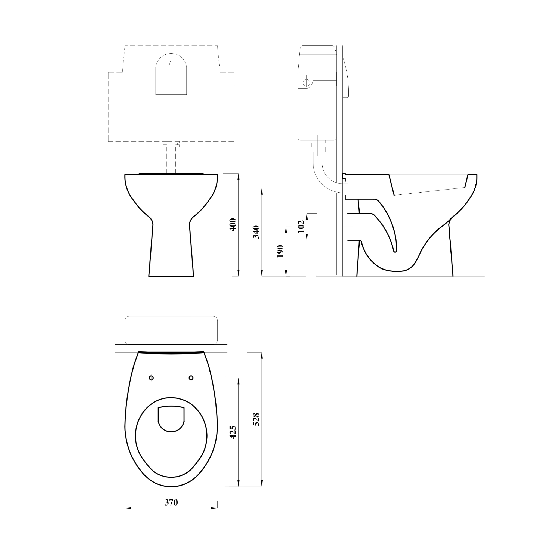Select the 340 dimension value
pyautogui.click(x=256, y=232)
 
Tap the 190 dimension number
pyautogui.click(x=280, y=251)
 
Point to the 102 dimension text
pyautogui.click(x=301, y=226)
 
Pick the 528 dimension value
pyautogui.click(x=256, y=419)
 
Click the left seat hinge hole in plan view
pyautogui.click(x=152, y=378)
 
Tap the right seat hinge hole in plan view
pyautogui.click(x=191, y=378)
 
